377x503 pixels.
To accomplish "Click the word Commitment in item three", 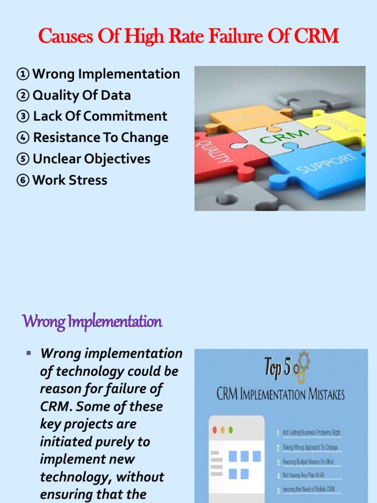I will click(x=125, y=116).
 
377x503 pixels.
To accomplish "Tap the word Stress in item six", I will click(x=88, y=180).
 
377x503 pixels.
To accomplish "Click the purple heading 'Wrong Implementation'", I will click(x=92, y=322).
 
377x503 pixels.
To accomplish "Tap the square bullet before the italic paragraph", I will click(x=28, y=353).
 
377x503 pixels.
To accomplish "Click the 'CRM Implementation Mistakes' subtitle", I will click(x=281, y=394).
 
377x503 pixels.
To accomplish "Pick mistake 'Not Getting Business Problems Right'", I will click(x=311, y=433).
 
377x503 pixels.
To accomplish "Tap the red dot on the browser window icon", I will click(x=214, y=430).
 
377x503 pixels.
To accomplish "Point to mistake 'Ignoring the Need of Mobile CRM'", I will click(x=308, y=490).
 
